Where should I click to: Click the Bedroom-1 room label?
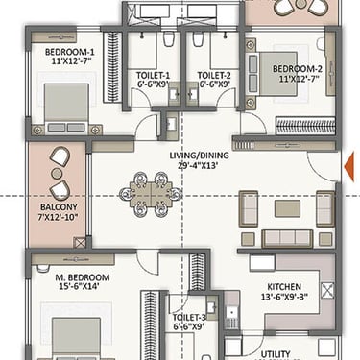(69, 52)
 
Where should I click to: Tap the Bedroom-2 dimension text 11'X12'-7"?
(300, 79)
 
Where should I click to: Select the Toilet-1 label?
(154, 76)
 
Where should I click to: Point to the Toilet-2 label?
(214, 76)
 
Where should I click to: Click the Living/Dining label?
(199, 156)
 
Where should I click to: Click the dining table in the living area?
(151, 195)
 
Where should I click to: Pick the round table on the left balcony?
(57, 174)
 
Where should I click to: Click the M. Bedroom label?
(83, 277)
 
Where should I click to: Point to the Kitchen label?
(284, 287)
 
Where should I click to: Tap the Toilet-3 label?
(189, 318)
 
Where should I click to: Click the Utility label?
(276, 354)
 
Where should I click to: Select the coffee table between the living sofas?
(287, 208)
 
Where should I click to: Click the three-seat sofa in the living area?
(287, 238)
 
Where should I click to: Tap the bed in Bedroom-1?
(66, 108)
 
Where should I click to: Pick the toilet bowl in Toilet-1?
(168, 38)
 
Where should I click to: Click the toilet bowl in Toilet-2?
(198, 38)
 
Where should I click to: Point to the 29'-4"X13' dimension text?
(199, 166)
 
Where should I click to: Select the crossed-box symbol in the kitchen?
(327, 291)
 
